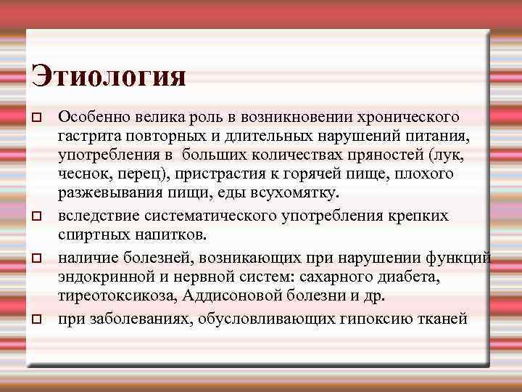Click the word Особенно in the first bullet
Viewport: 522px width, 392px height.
pos(91,116)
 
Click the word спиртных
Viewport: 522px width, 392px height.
pos(90,235)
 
